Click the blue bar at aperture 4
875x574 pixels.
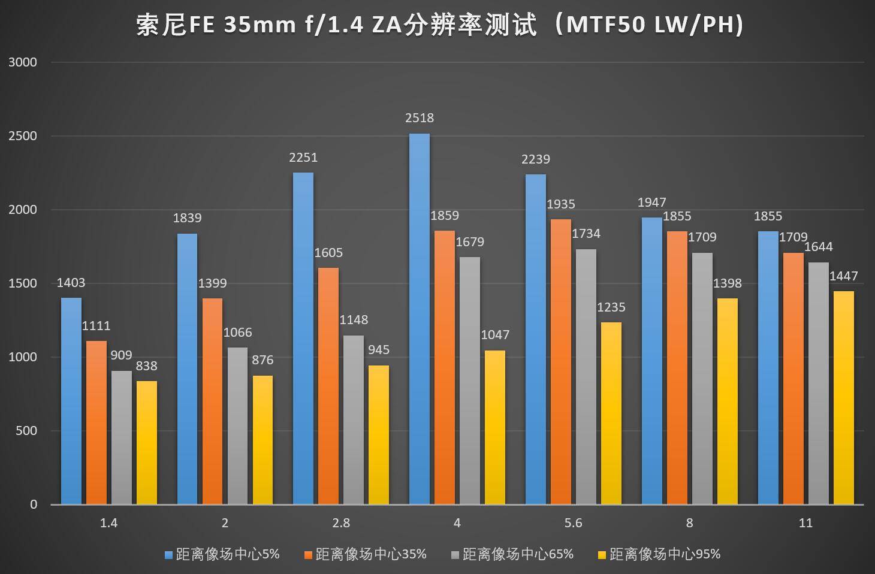click(x=419, y=319)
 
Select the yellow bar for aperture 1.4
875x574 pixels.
click(x=147, y=442)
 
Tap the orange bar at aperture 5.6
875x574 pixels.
click(x=560, y=361)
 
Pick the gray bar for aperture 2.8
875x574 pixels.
click(x=354, y=419)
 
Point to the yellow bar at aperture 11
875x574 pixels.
click(x=843, y=397)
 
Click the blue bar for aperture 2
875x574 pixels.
click(x=187, y=368)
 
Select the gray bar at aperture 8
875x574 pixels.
click(x=702, y=378)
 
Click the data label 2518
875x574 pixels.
click(x=419, y=118)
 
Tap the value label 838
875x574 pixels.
click(x=147, y=365)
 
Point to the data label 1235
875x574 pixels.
click(x=611, y=307)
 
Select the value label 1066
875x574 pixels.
click(x=237, y=333)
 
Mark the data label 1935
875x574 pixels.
click(x=560, y=204)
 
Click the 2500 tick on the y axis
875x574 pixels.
click(x=23, y=136)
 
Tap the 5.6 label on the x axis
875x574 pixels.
click(x=573, y=523)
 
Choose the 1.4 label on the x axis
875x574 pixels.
click(x=108, y=523)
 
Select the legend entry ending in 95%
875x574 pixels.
click(x=665, y=554)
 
